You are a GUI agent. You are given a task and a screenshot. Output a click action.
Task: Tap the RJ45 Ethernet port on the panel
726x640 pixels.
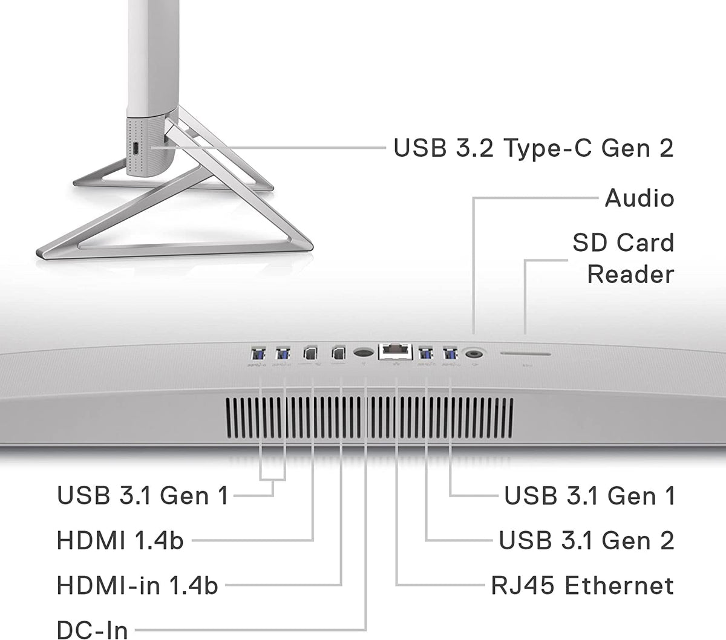tap(395, 351)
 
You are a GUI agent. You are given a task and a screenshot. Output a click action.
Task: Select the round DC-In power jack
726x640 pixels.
tap(364, 352)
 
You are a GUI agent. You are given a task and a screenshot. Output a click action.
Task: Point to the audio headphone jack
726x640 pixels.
tap(474, 354)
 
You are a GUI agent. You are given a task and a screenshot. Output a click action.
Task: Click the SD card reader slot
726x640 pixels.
tap(525, 354)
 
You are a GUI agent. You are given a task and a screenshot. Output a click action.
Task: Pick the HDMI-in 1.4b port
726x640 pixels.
tap(338, 353)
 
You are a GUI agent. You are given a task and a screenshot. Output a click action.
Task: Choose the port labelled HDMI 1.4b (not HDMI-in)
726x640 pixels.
tap(310, 353)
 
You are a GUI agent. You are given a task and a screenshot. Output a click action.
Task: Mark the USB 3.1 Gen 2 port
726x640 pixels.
tap(425, 353)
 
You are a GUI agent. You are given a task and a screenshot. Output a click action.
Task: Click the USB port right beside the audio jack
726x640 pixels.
tap(450, 353)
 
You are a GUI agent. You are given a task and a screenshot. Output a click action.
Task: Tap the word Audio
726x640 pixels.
tap(639, 198)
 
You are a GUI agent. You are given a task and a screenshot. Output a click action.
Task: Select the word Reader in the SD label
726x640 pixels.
tap(630, 275)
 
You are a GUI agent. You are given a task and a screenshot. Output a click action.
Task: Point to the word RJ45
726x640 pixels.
tap(523, 586)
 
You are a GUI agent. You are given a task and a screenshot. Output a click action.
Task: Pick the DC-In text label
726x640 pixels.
tap(93, 629)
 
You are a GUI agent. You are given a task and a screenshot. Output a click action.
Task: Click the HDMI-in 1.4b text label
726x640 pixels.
tap(137, 586)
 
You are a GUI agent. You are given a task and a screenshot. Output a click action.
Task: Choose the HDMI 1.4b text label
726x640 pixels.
tap(120, 540)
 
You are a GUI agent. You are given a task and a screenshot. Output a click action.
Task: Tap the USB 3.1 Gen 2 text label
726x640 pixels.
tap(586, 540)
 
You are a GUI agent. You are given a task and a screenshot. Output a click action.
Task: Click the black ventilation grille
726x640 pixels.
tap(369, 418)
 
